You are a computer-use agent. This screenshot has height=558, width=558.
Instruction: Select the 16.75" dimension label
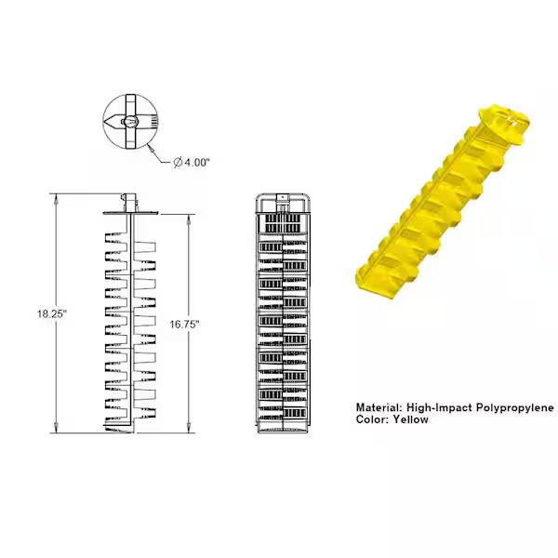point(185,324)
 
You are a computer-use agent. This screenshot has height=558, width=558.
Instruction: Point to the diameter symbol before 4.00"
point(177,162)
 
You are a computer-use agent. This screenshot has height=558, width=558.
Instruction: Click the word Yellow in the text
point(410,419)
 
